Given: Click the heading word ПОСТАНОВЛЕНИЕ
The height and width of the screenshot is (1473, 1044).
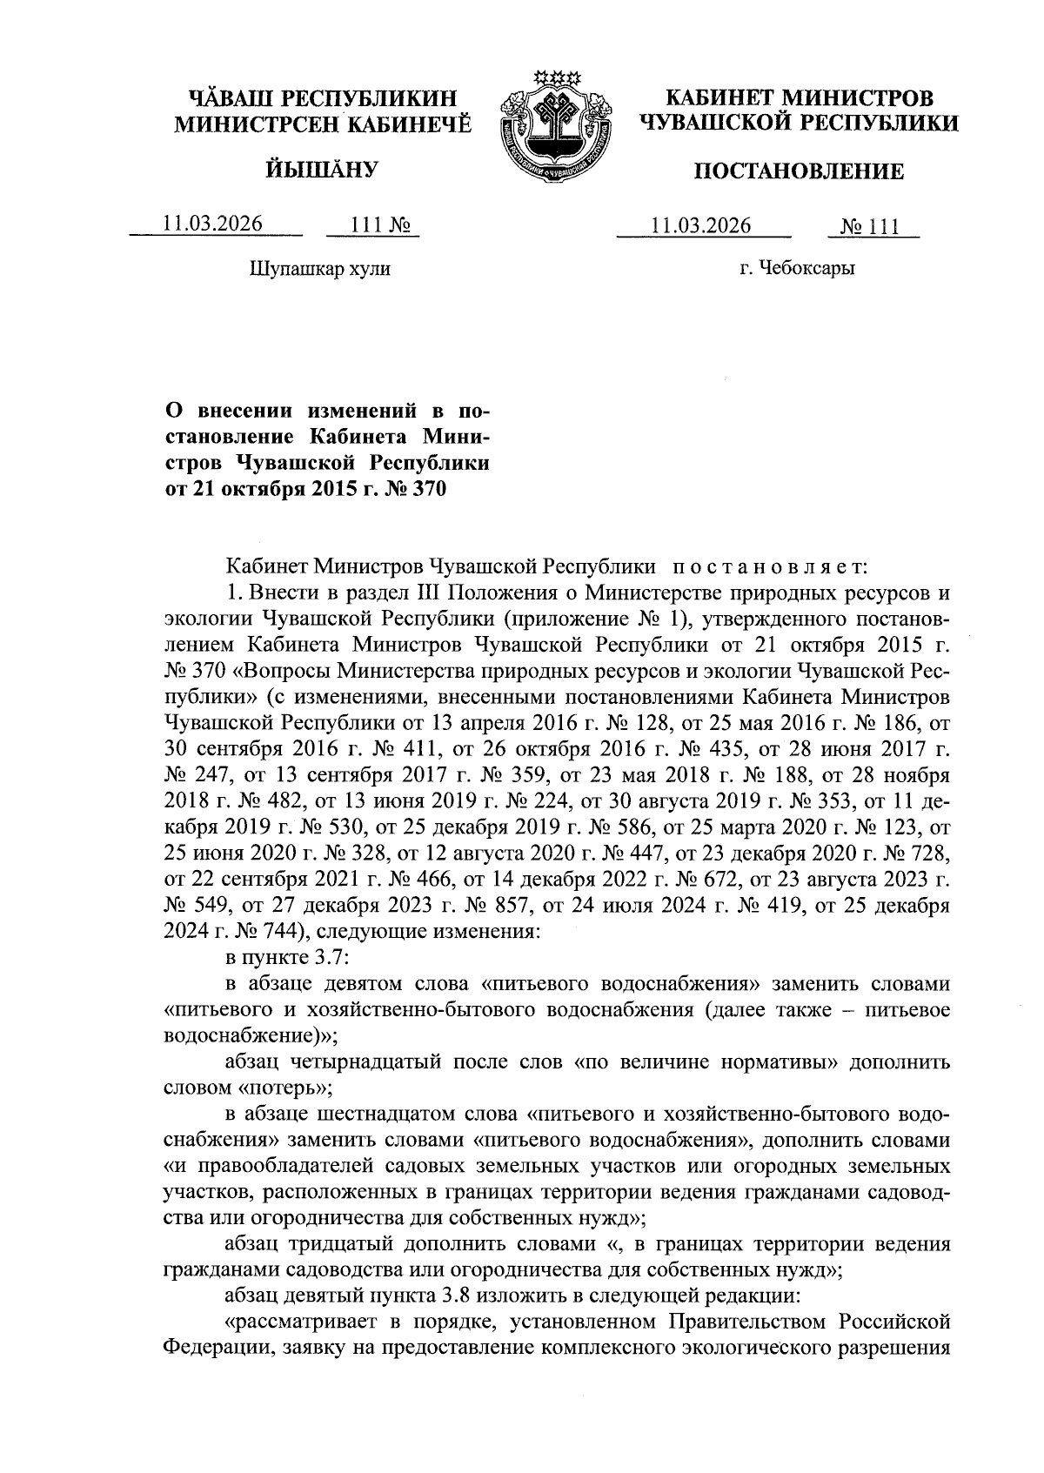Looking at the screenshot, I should [x=798, y=171].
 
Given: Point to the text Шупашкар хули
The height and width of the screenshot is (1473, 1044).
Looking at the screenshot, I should [x=320, y=269].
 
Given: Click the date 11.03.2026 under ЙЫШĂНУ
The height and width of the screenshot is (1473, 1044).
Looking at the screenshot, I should [x=213, y=224].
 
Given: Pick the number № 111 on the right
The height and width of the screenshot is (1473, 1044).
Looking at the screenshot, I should [x=870, y=226].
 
